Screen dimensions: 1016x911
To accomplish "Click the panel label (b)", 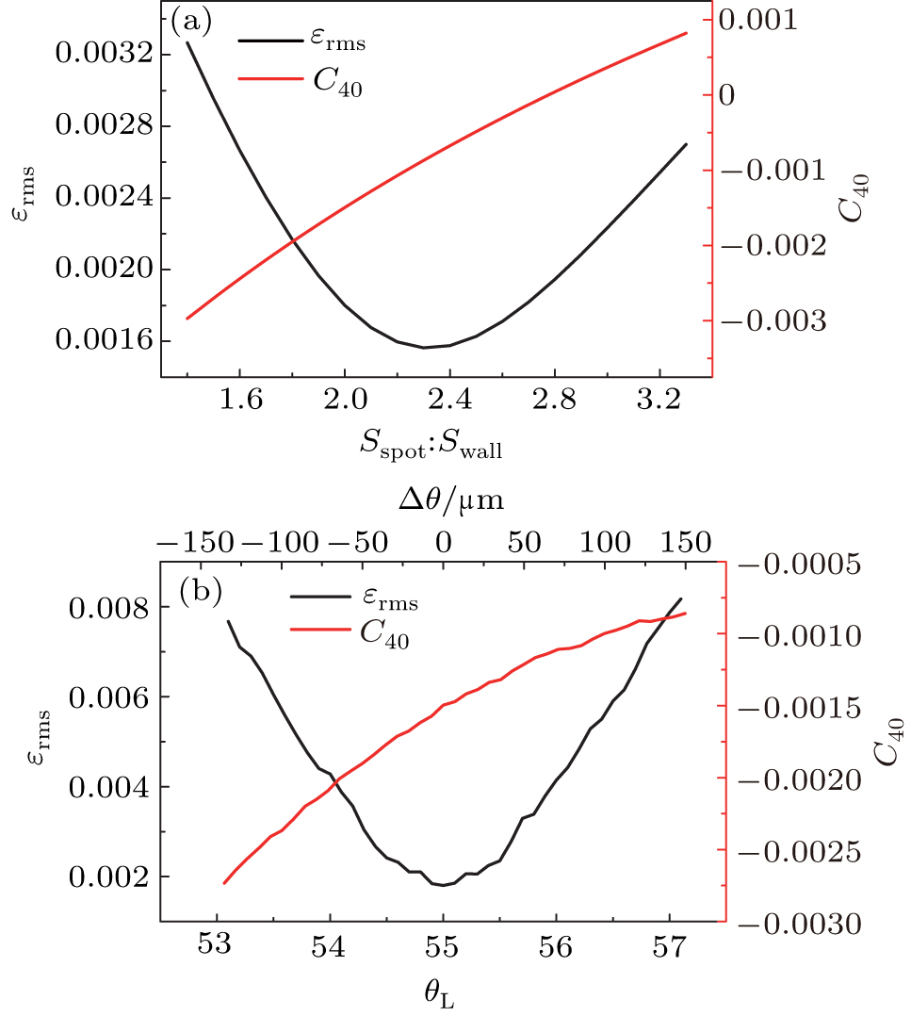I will [202, 591].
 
